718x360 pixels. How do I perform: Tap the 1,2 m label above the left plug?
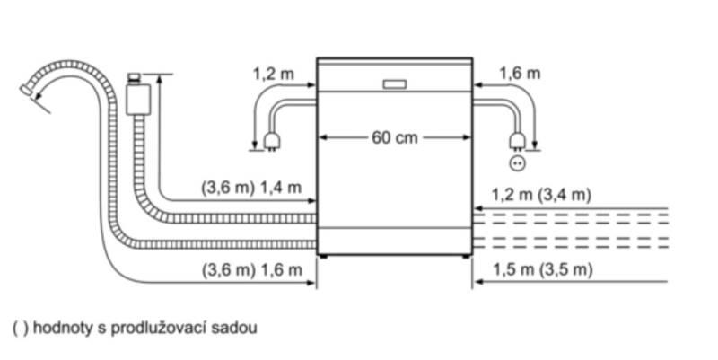pyautogui.click(x=271, y=72)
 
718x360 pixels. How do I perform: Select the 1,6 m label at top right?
pyautogui.click(x=520, y=72)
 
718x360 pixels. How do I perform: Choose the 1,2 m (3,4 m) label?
pyautogui.click(x=542, y=194)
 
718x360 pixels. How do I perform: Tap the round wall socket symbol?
pyautogui.click(x=516, y=162)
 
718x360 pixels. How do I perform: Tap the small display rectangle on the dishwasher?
pyautogui.click(x=395, y=85)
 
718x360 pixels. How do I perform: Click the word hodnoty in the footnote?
pyautogui.click(x=59, y=329)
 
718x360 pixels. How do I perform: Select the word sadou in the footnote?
pyautogui.click(x=237, y=329)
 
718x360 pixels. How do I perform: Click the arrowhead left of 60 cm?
pyautogui.click(x=325, y=138)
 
